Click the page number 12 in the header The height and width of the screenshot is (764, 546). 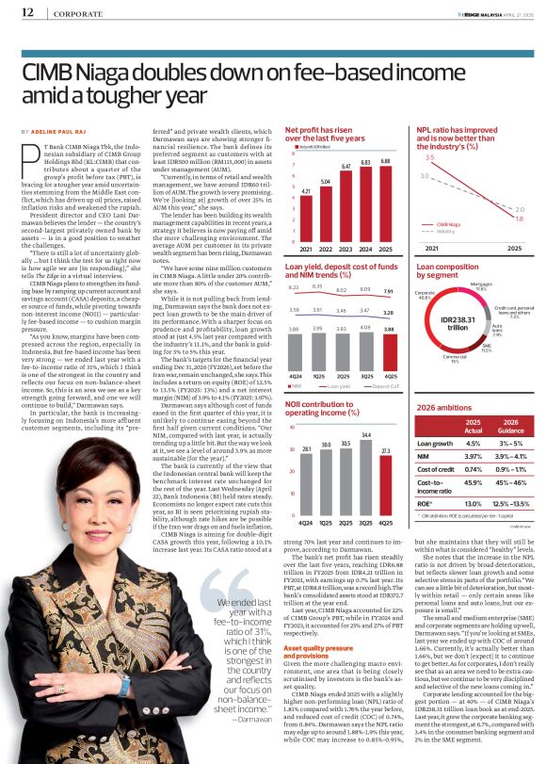(26, 11)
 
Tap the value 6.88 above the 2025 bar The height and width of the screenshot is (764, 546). (384, 161)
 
